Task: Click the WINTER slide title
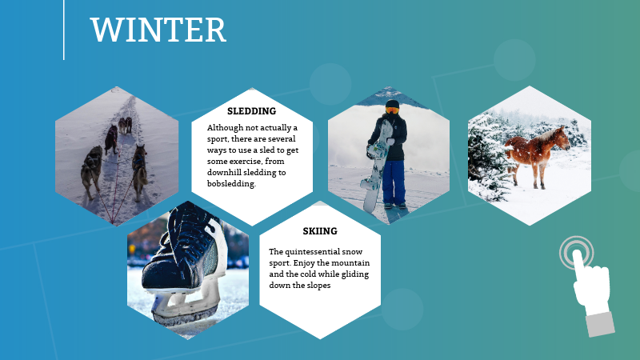coord(158,30)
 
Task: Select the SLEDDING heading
coord(251,111)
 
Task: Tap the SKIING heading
coord(320,231)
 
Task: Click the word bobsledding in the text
coord(231,183)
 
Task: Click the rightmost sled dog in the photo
coord(140,168)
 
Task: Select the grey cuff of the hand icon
coord(599,323)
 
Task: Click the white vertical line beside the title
coord(64,30)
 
